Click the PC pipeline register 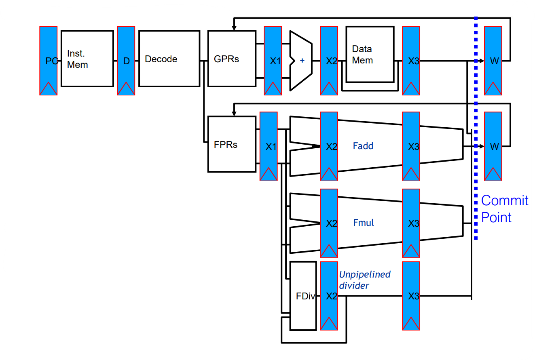pos(48,61)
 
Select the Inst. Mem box pos(87,59)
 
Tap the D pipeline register pos(126,61)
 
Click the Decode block pos(169,59)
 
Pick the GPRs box pos(232,59)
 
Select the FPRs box pos(232,144)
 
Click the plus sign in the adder pos(302,61)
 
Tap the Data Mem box pos(370,55)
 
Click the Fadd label pos(363,146)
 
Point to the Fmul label pos(364,223)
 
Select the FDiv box pos(303,295)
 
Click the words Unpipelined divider pos(364,280)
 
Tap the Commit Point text pos(504,209)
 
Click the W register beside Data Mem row pos(493,61)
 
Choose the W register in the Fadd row pos(493,146)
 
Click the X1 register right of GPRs pos(273,61)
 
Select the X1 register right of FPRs pos(269,146)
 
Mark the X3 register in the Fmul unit pos(411,223)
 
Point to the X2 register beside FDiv pos(329,295)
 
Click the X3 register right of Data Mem pos(411,61)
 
